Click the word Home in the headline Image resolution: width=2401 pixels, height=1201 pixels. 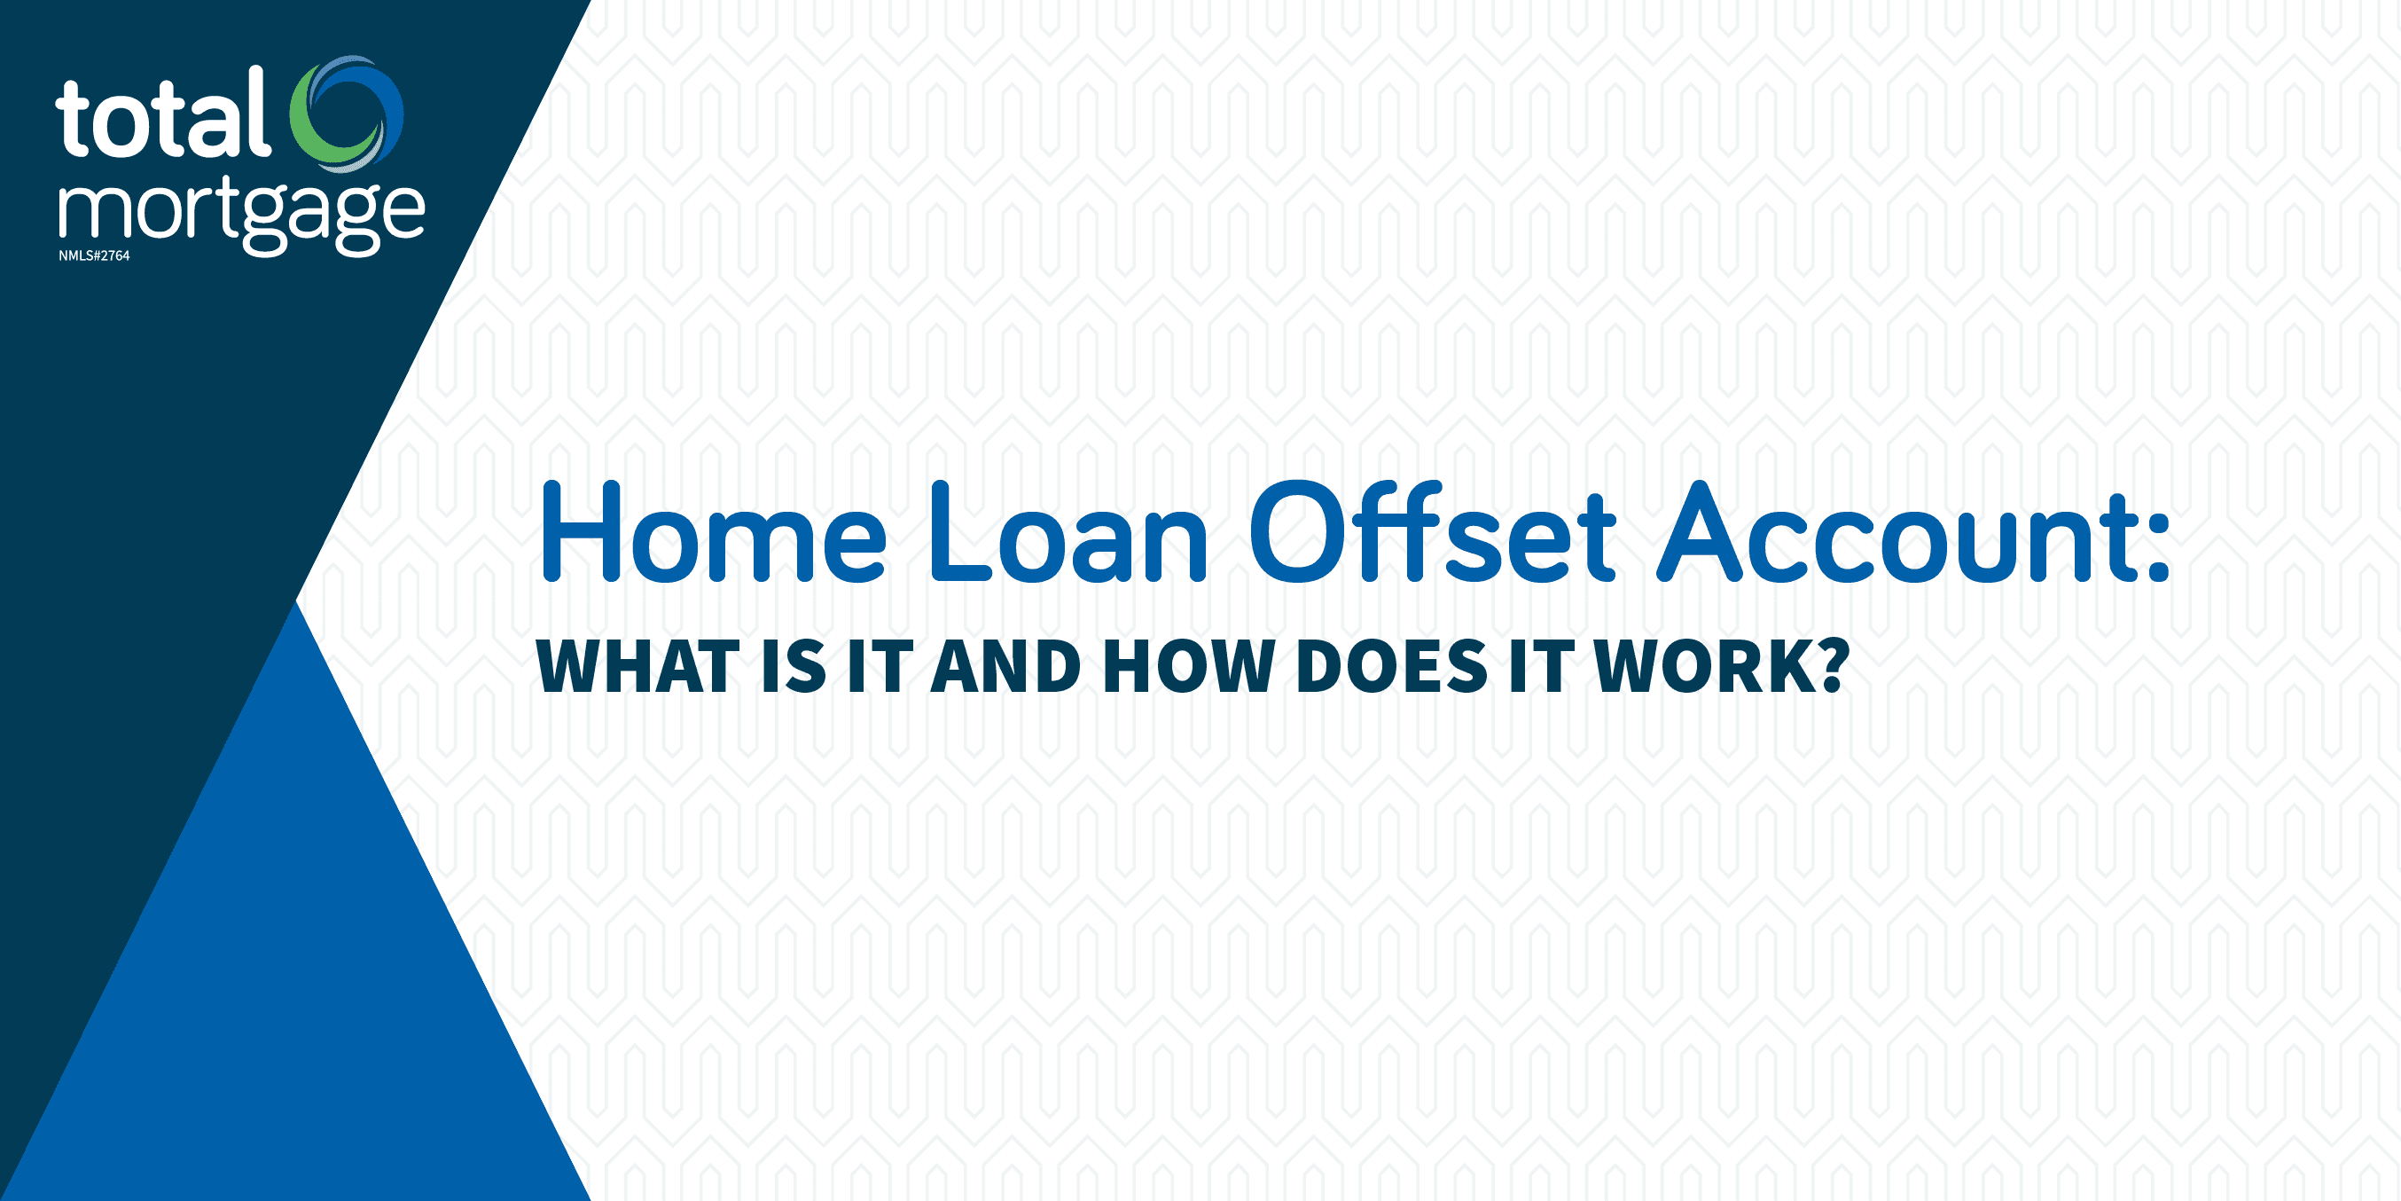pos(713,533)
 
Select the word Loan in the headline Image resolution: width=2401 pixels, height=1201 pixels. pos(1068,533)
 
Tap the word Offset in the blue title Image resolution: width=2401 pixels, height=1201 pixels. pos(1432,533)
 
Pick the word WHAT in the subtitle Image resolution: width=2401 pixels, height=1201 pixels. pos(637,667)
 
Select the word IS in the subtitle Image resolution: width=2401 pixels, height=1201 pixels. pos(794,667)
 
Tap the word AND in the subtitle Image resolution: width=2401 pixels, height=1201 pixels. pos(1005,667)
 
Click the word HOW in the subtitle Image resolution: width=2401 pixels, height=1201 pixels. pos(1188,667)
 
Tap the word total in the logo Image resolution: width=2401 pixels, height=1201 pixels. pos(163,116)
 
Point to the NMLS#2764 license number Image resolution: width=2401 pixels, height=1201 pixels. pos(94,255)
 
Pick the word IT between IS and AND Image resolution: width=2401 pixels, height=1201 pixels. pos(879,667)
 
